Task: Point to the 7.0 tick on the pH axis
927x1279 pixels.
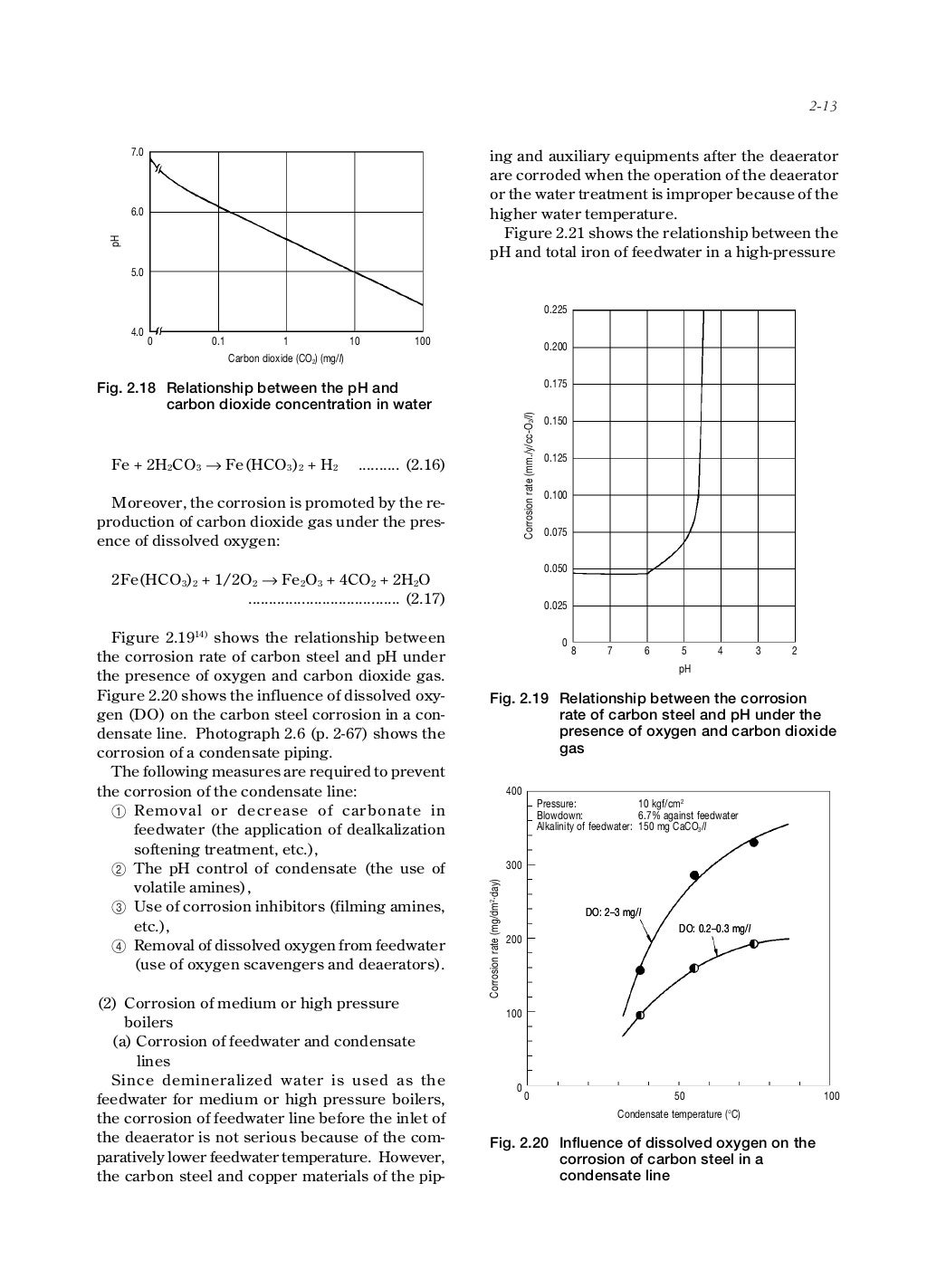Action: click(137, 151)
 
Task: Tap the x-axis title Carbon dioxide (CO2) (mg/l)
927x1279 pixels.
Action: click(285, 358)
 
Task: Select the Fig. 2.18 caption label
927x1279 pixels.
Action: click(126, 387)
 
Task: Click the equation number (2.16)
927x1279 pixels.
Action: click(425, 465)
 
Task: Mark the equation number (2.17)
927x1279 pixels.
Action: click(425, 598)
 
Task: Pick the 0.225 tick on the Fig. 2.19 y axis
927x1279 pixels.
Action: click(555, 310)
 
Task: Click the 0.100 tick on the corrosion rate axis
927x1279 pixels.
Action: click(555, 495)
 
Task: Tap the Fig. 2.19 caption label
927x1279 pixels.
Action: click(519, 699)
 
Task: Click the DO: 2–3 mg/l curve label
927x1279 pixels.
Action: click(614, 912)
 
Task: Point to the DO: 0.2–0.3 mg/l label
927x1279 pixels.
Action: click(714, 929)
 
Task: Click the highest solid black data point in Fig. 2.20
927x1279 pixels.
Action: click(753, 843)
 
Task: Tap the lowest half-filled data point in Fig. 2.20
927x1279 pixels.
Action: click(640, 1016)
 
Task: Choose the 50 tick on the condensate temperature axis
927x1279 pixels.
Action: click(680, 1096)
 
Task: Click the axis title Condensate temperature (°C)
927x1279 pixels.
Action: click(679, 1114)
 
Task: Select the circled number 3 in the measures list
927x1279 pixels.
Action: click(118, 907)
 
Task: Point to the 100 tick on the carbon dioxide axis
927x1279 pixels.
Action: click(422, 342)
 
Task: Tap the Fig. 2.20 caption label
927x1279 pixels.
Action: click(519, 1143)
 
